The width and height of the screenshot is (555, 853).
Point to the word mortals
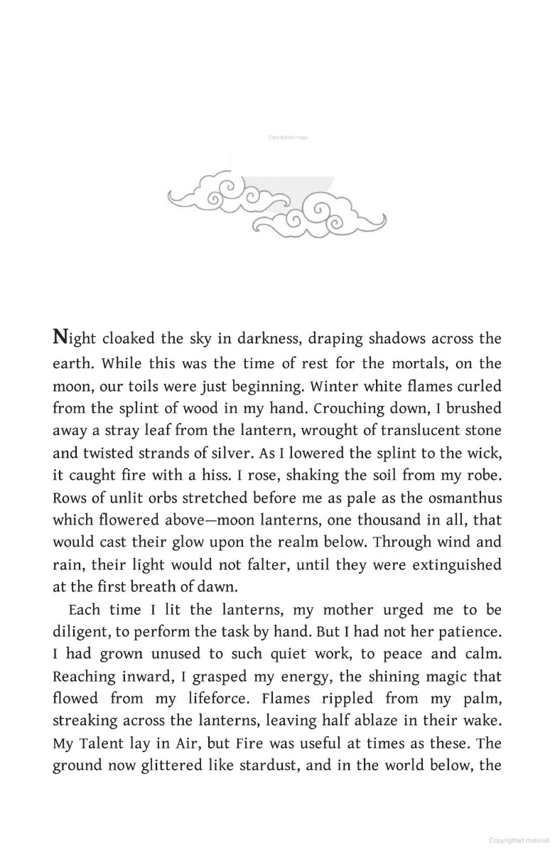[418, 363]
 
